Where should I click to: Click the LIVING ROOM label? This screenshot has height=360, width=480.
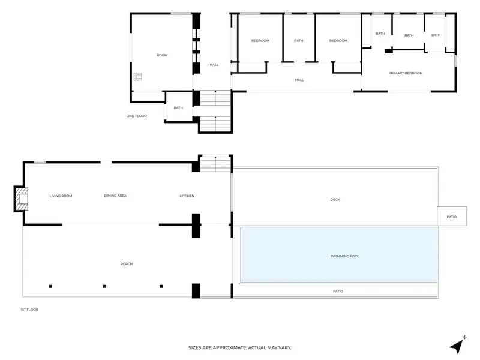61,196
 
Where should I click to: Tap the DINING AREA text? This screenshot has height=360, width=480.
115,196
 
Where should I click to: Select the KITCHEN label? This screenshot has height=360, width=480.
187,196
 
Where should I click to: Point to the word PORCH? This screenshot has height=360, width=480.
127,264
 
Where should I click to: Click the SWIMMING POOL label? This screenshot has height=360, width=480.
345,256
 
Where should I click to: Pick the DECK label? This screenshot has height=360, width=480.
335,200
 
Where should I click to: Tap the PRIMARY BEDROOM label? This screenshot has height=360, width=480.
406,73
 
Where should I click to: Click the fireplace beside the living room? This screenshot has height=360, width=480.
22,199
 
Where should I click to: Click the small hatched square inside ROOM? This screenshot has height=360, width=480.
138,77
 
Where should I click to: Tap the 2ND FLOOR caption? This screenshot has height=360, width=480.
137,116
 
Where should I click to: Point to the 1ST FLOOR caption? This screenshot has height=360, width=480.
29,310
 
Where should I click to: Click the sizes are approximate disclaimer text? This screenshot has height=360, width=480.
240,348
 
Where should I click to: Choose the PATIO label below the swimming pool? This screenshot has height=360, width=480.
338,292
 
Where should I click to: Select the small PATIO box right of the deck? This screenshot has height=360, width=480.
452,217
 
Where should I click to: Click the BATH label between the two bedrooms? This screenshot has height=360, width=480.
299,41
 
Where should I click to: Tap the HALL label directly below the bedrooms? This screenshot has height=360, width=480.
299,80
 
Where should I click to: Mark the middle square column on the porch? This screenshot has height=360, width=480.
104,287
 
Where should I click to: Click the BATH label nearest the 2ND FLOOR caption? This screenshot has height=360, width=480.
178,108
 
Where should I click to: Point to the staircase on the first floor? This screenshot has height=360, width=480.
215,164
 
